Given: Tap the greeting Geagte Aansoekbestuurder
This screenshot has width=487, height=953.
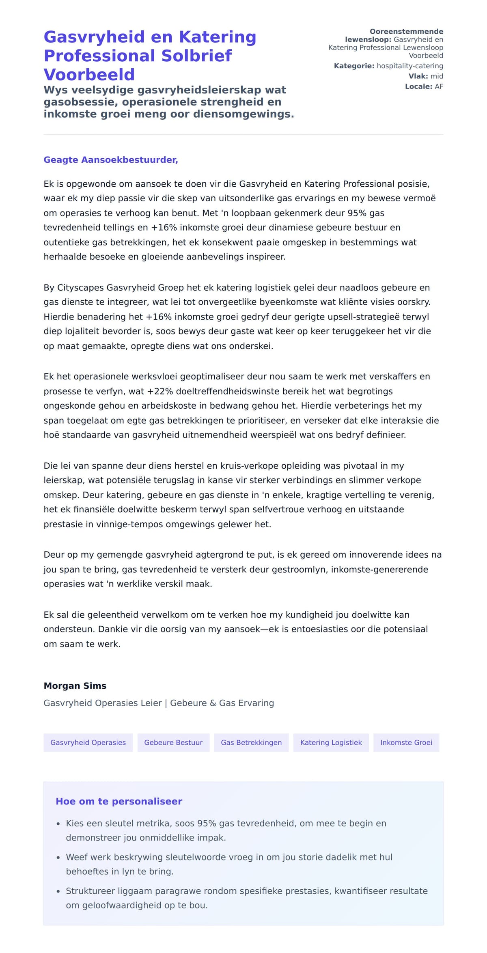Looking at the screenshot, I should [111, 160].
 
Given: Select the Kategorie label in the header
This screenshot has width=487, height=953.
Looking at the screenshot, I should [353, 66].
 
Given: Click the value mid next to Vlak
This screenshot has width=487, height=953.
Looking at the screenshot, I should [437, 76].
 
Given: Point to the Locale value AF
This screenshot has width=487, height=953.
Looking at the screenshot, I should [439, 86].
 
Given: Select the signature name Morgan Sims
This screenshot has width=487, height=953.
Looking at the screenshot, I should [75, 686].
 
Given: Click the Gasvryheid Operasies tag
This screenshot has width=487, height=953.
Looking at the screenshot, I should [88, 742].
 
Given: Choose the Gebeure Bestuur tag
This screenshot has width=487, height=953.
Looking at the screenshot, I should [173, 742].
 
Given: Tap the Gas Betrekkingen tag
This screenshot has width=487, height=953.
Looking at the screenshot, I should [251, 742].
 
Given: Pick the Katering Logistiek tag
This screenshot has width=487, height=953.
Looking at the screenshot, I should [331, 742].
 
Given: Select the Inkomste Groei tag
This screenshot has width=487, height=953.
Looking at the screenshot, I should [406, 742].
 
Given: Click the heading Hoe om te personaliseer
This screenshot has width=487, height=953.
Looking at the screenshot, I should [119, 801].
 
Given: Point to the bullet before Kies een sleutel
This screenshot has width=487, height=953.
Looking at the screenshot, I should [58, 824].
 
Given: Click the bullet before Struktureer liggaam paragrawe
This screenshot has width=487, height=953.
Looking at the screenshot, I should [58, 892].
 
